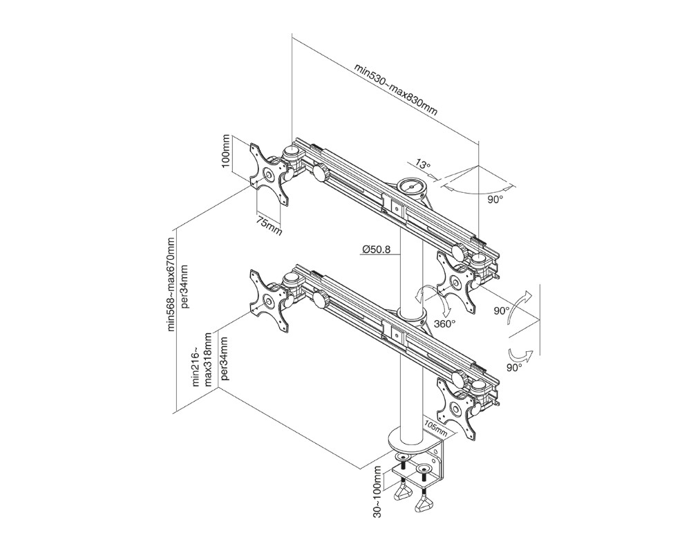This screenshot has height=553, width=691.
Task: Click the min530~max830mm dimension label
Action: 396,90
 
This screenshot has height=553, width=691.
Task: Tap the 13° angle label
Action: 423,166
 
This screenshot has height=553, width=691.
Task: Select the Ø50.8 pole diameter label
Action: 377,250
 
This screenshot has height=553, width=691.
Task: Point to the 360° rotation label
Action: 444,323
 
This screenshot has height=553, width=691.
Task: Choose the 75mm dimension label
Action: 269,225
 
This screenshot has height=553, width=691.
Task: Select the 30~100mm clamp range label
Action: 377,489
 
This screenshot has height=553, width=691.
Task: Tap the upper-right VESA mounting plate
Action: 456,281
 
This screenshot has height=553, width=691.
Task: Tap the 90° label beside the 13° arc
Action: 495,198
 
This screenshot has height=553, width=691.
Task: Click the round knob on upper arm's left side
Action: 321,172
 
